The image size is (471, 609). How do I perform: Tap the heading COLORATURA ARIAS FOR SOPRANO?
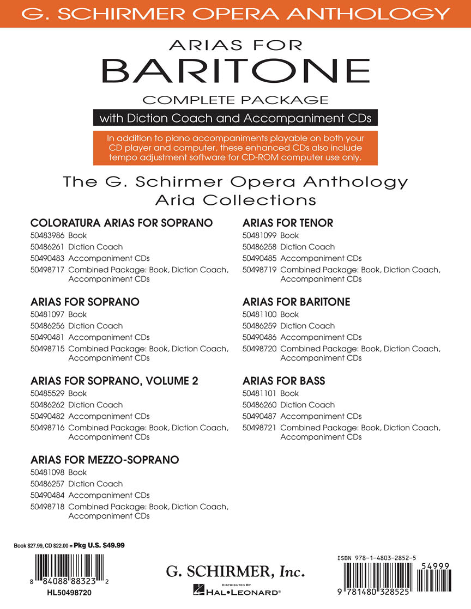(x=121, y=223)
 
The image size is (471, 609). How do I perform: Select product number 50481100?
(x=260, y=314)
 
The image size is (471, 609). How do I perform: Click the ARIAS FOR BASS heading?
(x=283, y=381)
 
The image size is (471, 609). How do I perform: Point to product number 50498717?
(x=48, y=270)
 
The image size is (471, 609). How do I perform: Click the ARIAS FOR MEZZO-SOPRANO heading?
(x=105, y=460)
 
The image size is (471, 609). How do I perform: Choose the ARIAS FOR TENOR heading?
(x=287, y=223)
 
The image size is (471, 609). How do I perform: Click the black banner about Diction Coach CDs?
(x=235, y=118)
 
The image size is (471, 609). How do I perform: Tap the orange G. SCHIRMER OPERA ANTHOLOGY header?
(x=235, y=13)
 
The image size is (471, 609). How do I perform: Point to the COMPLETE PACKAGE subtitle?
(x=235, y=100)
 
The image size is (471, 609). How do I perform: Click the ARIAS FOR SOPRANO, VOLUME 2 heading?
(x=114, y=381)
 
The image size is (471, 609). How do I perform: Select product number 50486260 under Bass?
(x=260, y=405)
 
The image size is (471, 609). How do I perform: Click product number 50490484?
(x=48, y=495)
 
